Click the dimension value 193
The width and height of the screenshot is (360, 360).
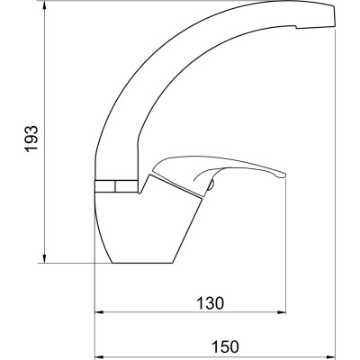pyautogui.click(x=31, y=139)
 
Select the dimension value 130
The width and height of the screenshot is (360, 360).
pyautogui.click(x=211, y=303)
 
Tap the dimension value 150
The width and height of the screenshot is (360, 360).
pyautogui.click(x=226, y=346)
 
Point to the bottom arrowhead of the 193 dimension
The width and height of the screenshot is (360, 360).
pyautogui.click(x=44, y=258)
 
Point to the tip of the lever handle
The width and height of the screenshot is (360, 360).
pyautogui.click(x=284, y=176)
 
